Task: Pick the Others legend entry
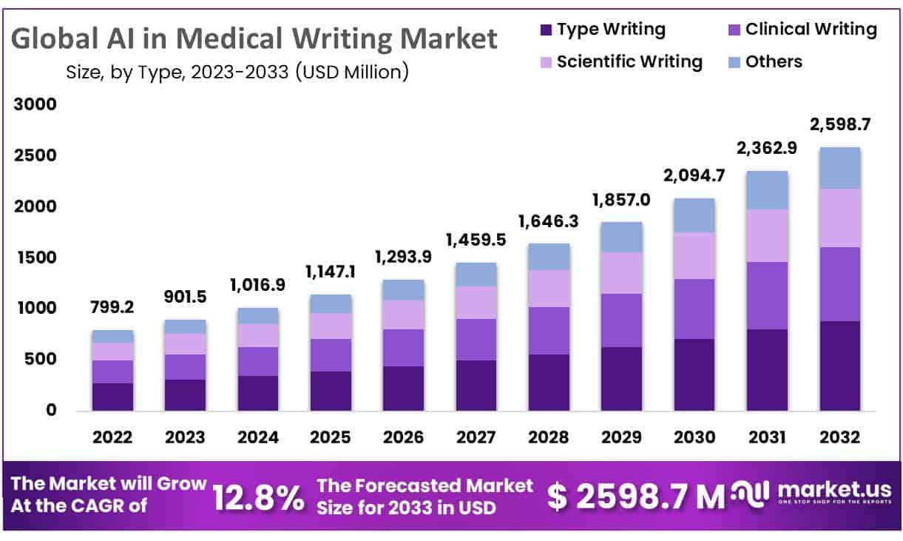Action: click(x=774, y=61)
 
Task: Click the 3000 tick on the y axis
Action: click(x=35, y=105)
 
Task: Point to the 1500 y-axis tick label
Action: click(x=35, y=258)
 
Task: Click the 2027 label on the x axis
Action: click(x=476, y=437)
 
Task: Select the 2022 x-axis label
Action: click(x=112, y=437)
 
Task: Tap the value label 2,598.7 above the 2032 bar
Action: click(x=839, y=124)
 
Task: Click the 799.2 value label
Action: click(x=112, y=307)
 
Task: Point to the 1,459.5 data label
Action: click(x=476, y=240)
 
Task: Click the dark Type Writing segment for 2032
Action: click(x=839, y=366)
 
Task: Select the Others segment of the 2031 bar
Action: click(x=767, y=189)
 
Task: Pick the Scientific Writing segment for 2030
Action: click(x=694, y=255)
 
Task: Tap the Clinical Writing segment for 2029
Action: click(x=621, y=320)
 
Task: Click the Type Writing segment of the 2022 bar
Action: click(x=112, y=397)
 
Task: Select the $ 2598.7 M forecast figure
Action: click(x=635, y=497)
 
